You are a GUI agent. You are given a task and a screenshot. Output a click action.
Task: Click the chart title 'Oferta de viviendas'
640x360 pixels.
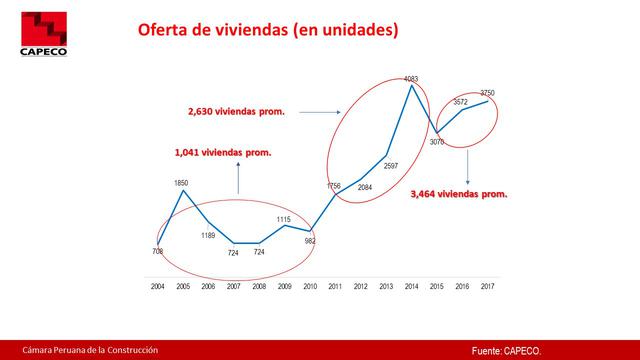(267, 31)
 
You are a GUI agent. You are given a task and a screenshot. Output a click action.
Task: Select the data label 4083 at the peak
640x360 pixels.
(411, 77)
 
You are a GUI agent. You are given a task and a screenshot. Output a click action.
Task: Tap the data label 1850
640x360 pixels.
(181, 183)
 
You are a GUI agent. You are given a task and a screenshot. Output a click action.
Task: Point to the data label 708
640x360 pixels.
(157, 251)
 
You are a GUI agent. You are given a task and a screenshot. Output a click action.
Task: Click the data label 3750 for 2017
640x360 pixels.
(487, 93)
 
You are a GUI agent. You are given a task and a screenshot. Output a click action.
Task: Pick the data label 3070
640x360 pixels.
(437, 142)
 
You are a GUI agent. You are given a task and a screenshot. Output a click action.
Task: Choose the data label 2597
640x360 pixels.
(390, 165)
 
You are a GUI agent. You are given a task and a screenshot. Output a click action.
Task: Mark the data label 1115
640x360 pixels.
(284, 219)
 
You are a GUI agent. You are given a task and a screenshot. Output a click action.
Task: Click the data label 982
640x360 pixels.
(310, 241)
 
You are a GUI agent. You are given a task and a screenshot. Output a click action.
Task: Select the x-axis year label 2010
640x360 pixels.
(310, 286)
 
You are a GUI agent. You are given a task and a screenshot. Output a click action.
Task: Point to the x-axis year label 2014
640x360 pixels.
(412, 286)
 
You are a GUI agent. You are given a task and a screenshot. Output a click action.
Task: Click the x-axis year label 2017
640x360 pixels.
(488, 286)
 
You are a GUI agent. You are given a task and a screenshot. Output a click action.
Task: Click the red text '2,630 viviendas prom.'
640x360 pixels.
(236, 112)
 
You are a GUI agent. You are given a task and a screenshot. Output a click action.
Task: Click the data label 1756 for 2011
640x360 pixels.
(335, 185)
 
